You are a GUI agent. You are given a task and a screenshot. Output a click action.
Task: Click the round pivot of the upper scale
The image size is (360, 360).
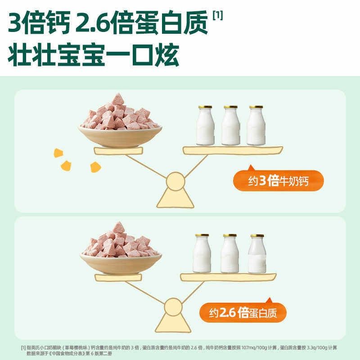pos(175,182)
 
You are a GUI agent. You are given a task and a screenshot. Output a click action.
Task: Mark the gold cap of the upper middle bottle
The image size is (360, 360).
pos(231,108)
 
